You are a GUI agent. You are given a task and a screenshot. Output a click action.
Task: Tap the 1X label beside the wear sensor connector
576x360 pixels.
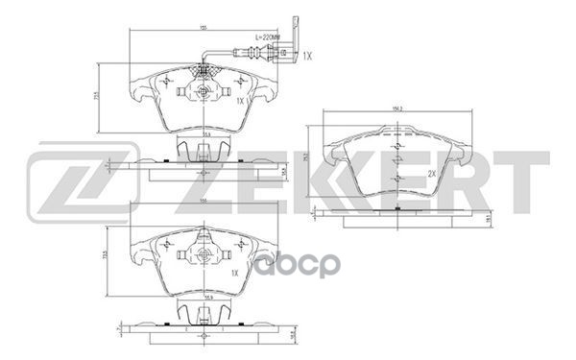307,57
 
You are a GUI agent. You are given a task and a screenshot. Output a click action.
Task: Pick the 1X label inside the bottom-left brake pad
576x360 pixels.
233,273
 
